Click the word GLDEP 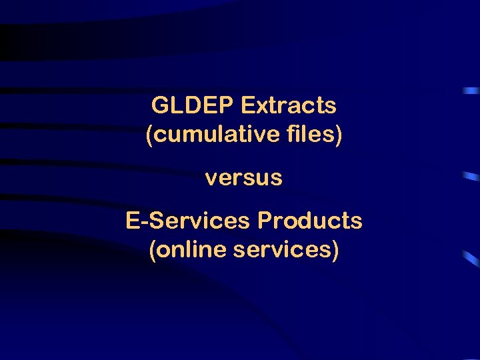tap(193, 105)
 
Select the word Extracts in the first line tap(289, 105)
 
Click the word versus tap(244, 179)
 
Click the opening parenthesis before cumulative tap(149, 135)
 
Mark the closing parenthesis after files tap(339, 135)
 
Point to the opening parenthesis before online tap(153, 251)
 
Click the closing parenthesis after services tap(335, 251)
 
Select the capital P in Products tap(264, 221)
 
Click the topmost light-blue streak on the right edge tap(472, 89)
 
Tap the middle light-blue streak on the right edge tap(471, 177)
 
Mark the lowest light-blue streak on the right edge tap(472, 258)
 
